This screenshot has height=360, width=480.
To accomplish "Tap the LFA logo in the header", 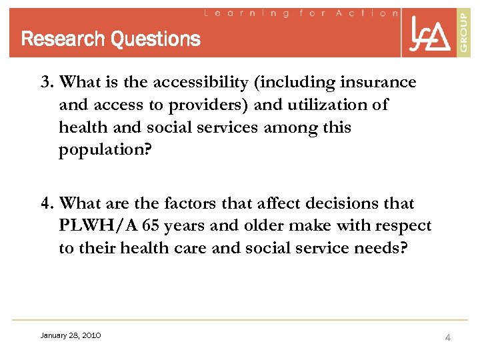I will [x=429, y=34].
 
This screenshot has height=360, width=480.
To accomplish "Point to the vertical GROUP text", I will [x=464, y=33].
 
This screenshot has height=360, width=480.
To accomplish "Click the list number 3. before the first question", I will [x=47, y=83].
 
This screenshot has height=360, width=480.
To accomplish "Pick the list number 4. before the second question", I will [x=47, y=204].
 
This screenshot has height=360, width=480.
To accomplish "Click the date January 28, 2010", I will [x=71, y=335].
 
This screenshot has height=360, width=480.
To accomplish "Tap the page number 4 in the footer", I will [x=448, y=337].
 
